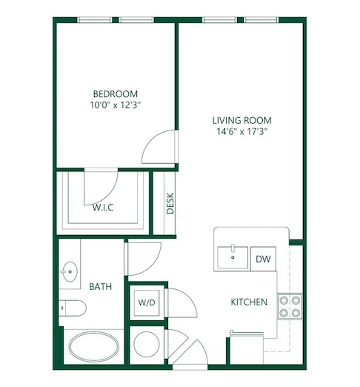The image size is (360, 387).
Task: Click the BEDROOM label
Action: (116, 94)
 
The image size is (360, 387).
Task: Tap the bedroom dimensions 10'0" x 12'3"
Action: (116, 105)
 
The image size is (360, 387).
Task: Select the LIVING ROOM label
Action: (242, 120)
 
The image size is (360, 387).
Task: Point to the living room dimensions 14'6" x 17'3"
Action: (242, 131)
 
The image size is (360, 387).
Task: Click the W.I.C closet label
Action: (103, 208)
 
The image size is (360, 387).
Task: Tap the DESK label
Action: (170, 203)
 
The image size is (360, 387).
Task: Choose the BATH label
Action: (100, 287)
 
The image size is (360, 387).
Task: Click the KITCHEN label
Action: (249, 302)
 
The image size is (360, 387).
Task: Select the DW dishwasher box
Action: (263, 259)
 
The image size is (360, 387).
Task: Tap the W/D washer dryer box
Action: (147, 302)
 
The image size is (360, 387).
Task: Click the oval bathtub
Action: (94, 347)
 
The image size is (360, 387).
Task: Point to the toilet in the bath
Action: (73, 308)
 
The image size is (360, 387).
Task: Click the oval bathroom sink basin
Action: (70, 271)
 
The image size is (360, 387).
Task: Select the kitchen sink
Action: (233, 257)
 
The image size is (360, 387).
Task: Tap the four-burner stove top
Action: (290, 306)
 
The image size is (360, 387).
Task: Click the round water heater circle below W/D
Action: (147, 344)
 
